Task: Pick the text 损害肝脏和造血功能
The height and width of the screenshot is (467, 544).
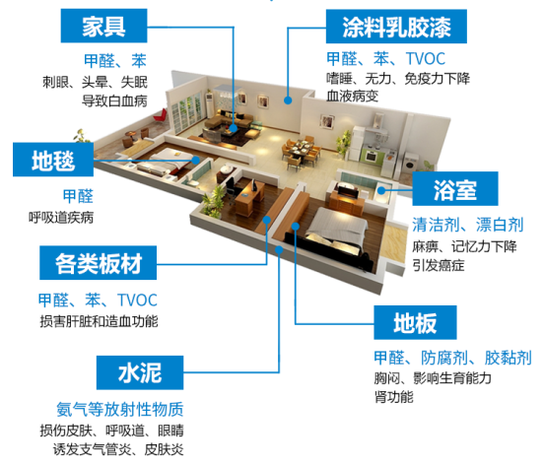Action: (99, 321)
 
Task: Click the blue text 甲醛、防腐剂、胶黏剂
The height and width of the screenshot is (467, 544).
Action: (453, 357)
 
